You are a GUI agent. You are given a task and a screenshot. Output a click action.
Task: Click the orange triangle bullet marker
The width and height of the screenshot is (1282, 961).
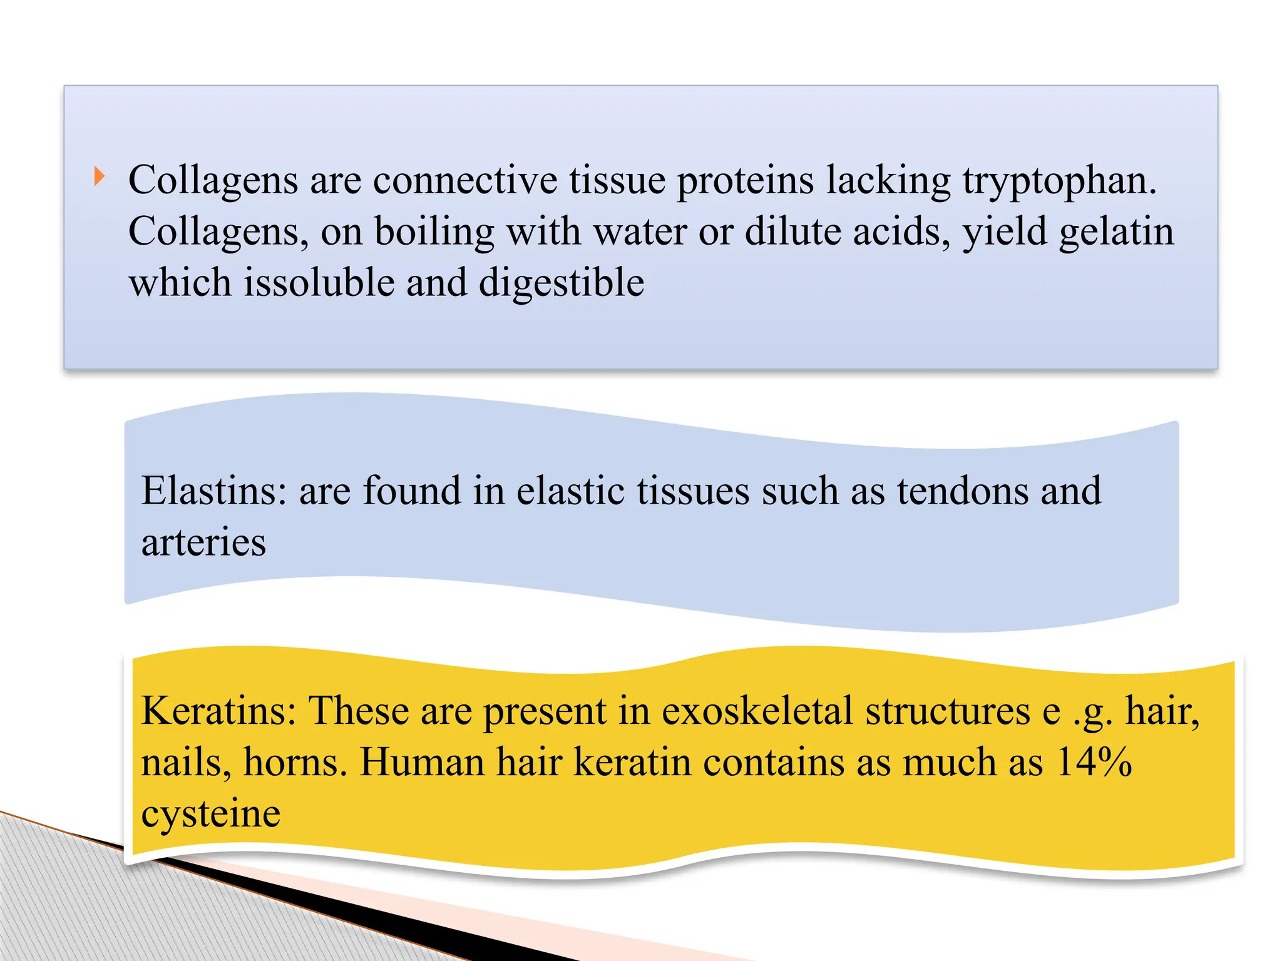click(99, 177)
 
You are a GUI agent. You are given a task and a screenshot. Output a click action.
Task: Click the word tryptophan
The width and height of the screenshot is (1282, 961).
click(1059, 181)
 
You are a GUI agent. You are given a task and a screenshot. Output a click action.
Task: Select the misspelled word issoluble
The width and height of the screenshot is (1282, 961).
click(319, 283)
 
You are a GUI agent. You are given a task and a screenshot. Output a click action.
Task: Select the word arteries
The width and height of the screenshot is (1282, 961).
click(203, 542)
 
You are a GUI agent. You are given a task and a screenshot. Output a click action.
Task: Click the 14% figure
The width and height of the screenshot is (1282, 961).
click(1094, 763)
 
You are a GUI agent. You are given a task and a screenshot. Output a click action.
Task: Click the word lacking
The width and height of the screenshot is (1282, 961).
click(888, 181)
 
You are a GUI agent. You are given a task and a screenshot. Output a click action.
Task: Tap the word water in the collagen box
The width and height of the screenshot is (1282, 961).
click(640, 232)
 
